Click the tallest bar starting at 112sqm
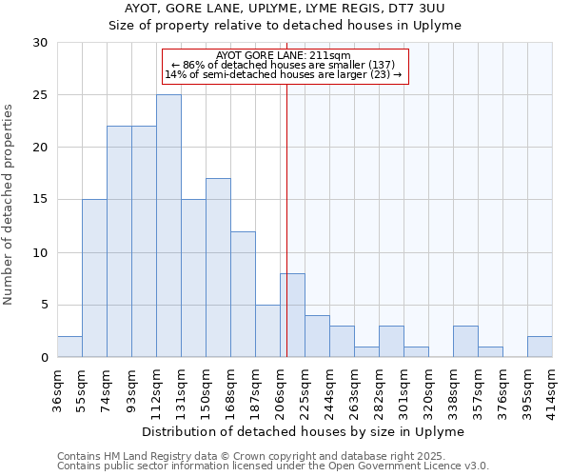tap(168, 226)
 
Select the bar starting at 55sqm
tap(94, 278)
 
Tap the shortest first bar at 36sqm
tap(69, 347)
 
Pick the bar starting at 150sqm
tap(218, 268)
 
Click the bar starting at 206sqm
tap(292, 315)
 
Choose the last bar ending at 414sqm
tap(540, 347)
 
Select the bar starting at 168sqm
tap(243, 294)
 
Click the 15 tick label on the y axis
tap(41, 200)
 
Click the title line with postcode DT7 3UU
tap(285, 9)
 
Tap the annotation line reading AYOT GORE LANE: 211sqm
tap(284, 55)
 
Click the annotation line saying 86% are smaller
tap(284, 65)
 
